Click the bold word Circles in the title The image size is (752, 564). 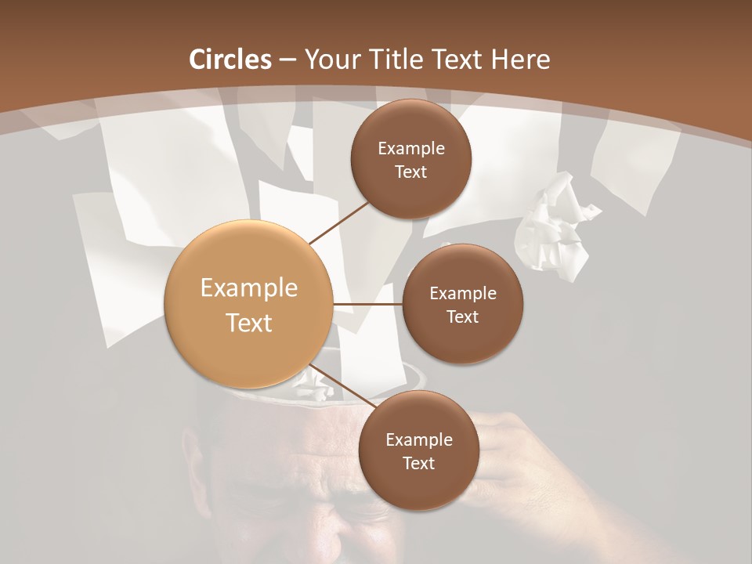click(230, 60)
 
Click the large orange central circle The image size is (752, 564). click(248, 305)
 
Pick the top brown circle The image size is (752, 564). click(411, 159)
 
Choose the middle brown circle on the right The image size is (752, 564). click(462, 304)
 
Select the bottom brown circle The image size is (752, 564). click(418, 450)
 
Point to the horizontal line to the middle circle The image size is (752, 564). click(368, 304)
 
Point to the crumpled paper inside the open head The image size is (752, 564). click(315, 385)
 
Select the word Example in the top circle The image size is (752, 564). click(411, 148)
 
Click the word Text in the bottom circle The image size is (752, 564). click(418, 463)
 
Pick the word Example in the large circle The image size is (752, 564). click(248, 288)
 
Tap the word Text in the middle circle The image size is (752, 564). click(462, 316)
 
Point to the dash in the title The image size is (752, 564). click(287, 60)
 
